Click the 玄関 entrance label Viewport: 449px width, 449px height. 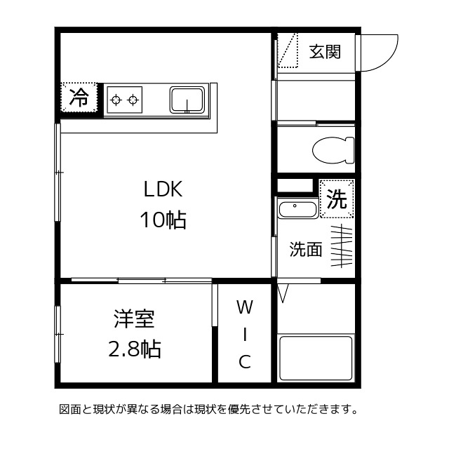pyautogui.click(x=326, y=52)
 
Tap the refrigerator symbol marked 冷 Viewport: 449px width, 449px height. pyautogui.click(x=81, y=98)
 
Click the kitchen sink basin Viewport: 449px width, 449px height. pyautogui.click(x=187, y=100)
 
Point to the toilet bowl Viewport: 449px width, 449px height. pyautogui.click(x=330, y=149)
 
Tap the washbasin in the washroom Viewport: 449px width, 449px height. pyautogui.click(x=297, y=209)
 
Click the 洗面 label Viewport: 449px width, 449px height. pyautogui.click(x=306, y=250)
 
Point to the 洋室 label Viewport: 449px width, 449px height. pyautogui.click(x=134, y=319)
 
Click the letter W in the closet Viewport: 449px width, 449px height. pyautogui.click(x=243, y=307)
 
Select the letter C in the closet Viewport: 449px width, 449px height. pyautogui.click(x=244, y=362)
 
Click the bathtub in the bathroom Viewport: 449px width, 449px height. pyautogui.click(x=315, y=358)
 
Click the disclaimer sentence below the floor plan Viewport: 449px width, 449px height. pyautogui.click(x=208, y=408)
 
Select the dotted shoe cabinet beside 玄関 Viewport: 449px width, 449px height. pyautogui.click(x=288, y=51)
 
